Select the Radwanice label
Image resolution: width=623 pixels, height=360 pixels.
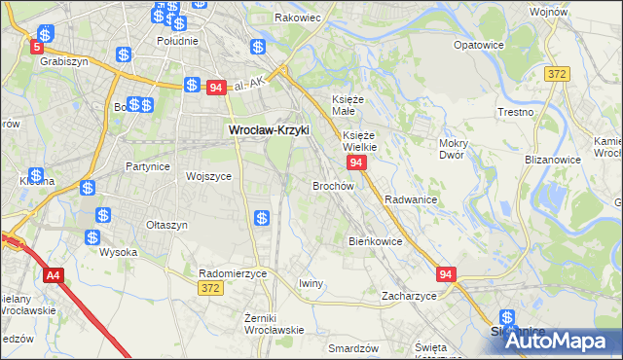(410, 198)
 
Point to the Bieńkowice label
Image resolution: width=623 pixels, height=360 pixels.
(375, 240)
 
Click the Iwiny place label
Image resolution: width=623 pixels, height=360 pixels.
(311, 282)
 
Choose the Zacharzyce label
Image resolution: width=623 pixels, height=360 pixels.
(409, 295)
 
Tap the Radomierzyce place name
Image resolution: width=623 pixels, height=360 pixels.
(232, 273)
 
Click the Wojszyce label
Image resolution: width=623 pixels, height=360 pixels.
(208, 176)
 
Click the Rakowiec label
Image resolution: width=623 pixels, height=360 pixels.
(298, 18)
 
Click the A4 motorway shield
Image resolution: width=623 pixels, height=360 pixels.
(53, 274)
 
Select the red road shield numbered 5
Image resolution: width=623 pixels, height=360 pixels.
(38, 47)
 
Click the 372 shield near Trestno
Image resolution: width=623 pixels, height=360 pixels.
(557, 74)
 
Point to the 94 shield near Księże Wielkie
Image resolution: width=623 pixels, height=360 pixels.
(356, 163)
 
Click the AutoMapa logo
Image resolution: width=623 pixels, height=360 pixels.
(552, 341)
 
